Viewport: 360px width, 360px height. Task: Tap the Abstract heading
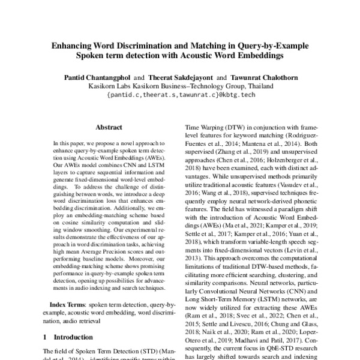tap(109, 128)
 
